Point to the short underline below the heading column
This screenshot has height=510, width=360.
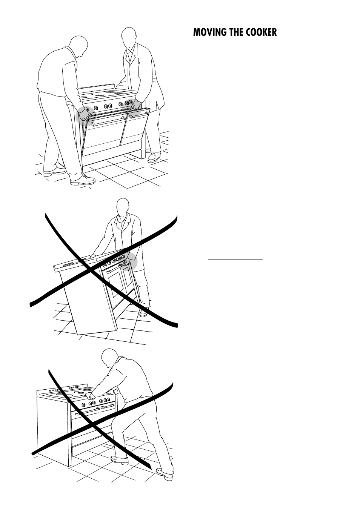point(235,260)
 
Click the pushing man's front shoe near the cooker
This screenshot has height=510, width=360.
point(120,459)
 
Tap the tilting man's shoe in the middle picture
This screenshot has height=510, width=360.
point(144,312)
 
